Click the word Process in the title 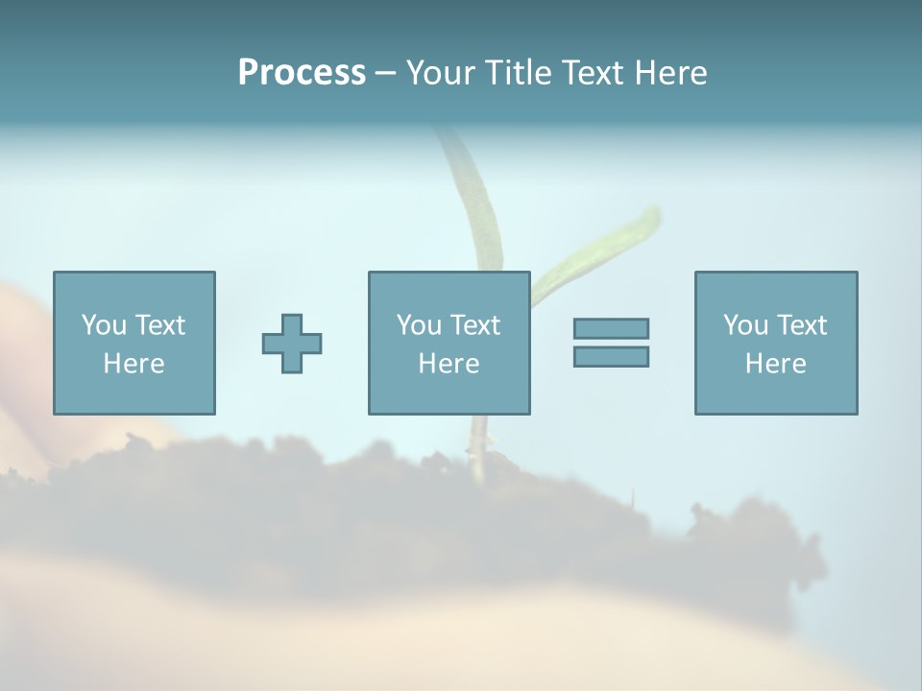tap(302, 73)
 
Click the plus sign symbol tap(292, 344)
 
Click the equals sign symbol tap(611, 343)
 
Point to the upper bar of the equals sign tap(611, 329)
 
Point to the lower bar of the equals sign tap(611, 356)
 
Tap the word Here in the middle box tap(449, 364)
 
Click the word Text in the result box tap(801, 325)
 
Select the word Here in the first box tap(133, 364)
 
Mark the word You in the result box tap(744, 325)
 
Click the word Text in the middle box tap(474, 325)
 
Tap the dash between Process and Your tap(385, 74)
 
